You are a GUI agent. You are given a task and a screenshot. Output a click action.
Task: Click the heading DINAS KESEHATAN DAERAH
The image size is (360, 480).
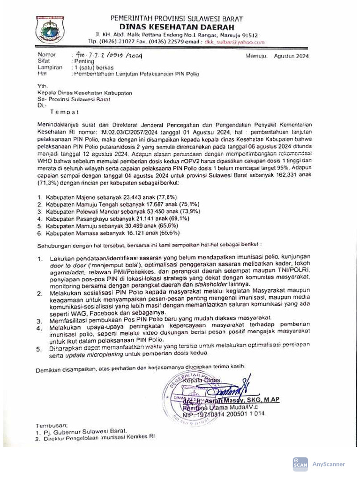pyautogui.click(x=176, y=27)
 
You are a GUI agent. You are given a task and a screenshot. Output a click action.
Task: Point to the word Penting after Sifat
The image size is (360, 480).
pyautogui.click(x=84, y=61)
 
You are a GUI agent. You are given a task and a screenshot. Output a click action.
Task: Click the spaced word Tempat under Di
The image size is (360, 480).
pyautogui.click(x=64, y=112)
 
